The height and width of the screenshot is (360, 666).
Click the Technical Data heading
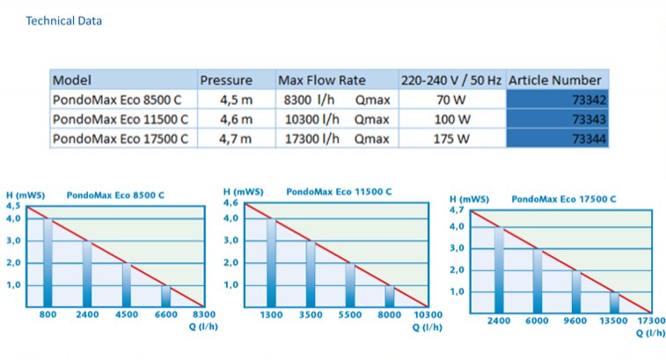(63, 20)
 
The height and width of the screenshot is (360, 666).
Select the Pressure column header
(226, 80)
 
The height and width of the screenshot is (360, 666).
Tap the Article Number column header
(555, 80)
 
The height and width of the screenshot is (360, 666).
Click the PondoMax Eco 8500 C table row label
(120, 99)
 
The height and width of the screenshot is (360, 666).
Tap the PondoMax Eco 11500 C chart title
(340, 192)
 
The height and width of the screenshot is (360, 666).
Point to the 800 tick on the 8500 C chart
(49, 313)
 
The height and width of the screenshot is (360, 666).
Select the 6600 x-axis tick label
(165, 313)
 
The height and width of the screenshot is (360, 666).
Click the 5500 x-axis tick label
(349, 313)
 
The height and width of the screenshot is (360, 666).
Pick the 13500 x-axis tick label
(613, 320)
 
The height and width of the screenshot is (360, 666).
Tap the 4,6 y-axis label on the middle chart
(231, 204)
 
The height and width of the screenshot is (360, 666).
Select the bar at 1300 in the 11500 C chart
(272, 264)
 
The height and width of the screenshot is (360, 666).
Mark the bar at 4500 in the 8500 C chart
(127, 284)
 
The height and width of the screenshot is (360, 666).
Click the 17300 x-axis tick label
(651, 320)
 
